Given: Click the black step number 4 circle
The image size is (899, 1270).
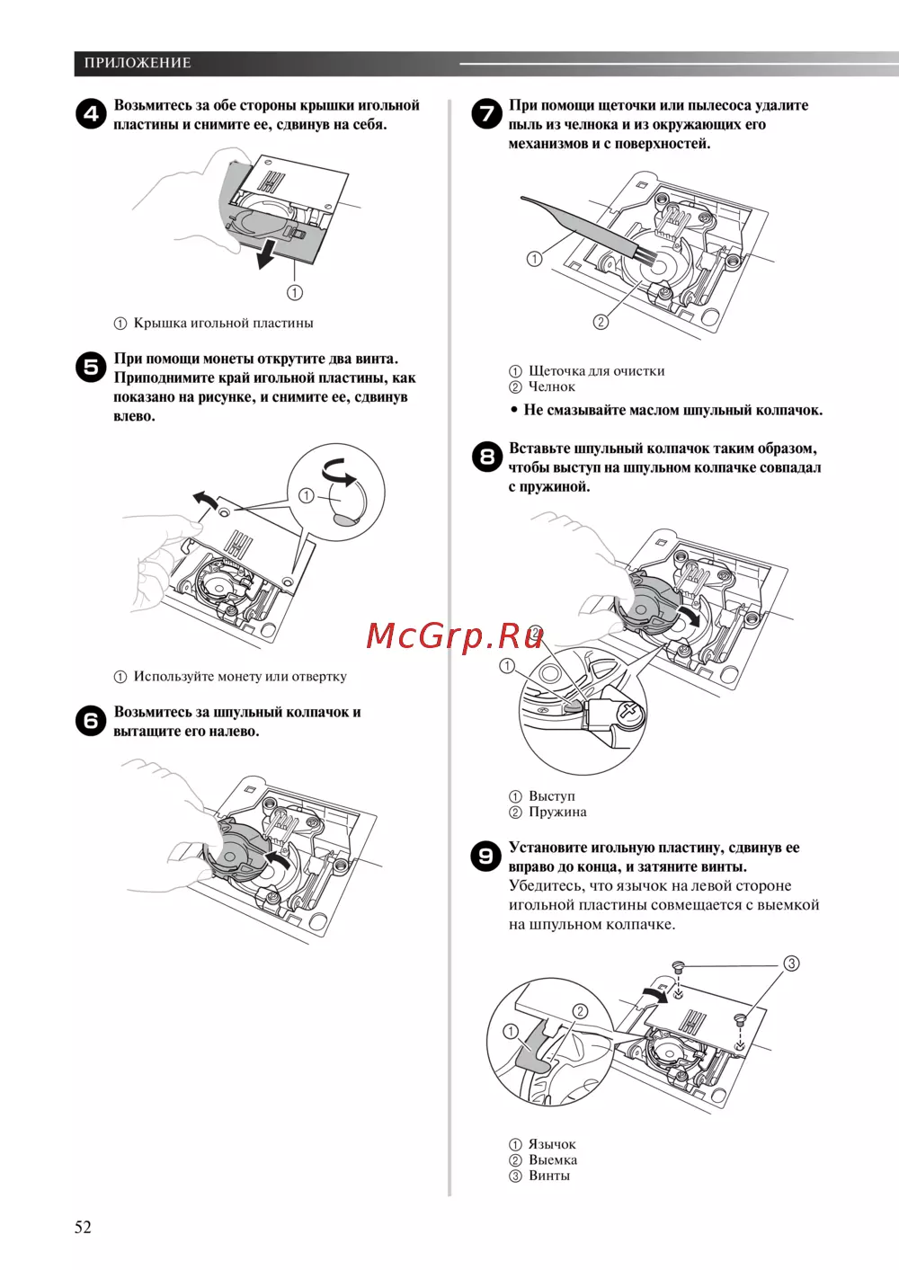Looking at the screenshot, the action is point(91,114).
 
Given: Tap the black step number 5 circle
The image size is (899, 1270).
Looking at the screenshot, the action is point(91,368).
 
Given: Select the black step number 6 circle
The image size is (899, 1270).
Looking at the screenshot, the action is point(91,721).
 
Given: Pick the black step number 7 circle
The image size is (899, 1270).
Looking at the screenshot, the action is point(486,113).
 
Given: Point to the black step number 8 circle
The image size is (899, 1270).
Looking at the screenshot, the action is point(486,457).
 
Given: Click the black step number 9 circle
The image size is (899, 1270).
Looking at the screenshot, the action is point(486,856).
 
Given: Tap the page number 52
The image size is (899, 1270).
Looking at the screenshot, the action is point(83,1227).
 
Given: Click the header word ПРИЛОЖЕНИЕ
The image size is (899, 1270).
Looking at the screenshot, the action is point(138,63).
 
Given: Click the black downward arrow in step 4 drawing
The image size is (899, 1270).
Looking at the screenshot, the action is point(266,254).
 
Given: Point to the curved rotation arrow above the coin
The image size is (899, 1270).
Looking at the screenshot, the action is point(340,472).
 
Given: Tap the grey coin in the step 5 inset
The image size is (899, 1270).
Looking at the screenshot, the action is point(345,520).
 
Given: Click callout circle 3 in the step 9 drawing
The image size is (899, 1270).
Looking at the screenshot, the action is point(791,964).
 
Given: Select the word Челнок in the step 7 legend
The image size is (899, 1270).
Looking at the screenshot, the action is point(551,386).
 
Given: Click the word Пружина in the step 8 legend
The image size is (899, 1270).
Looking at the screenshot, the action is point(557,812).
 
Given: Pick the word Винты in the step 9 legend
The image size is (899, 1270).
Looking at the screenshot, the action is point(549,1176).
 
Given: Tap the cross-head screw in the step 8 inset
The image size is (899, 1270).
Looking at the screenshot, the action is point(630,710).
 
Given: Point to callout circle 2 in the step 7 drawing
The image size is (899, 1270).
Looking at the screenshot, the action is point(601,322).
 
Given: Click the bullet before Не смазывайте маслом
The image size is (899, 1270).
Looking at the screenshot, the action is point(514,411).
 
